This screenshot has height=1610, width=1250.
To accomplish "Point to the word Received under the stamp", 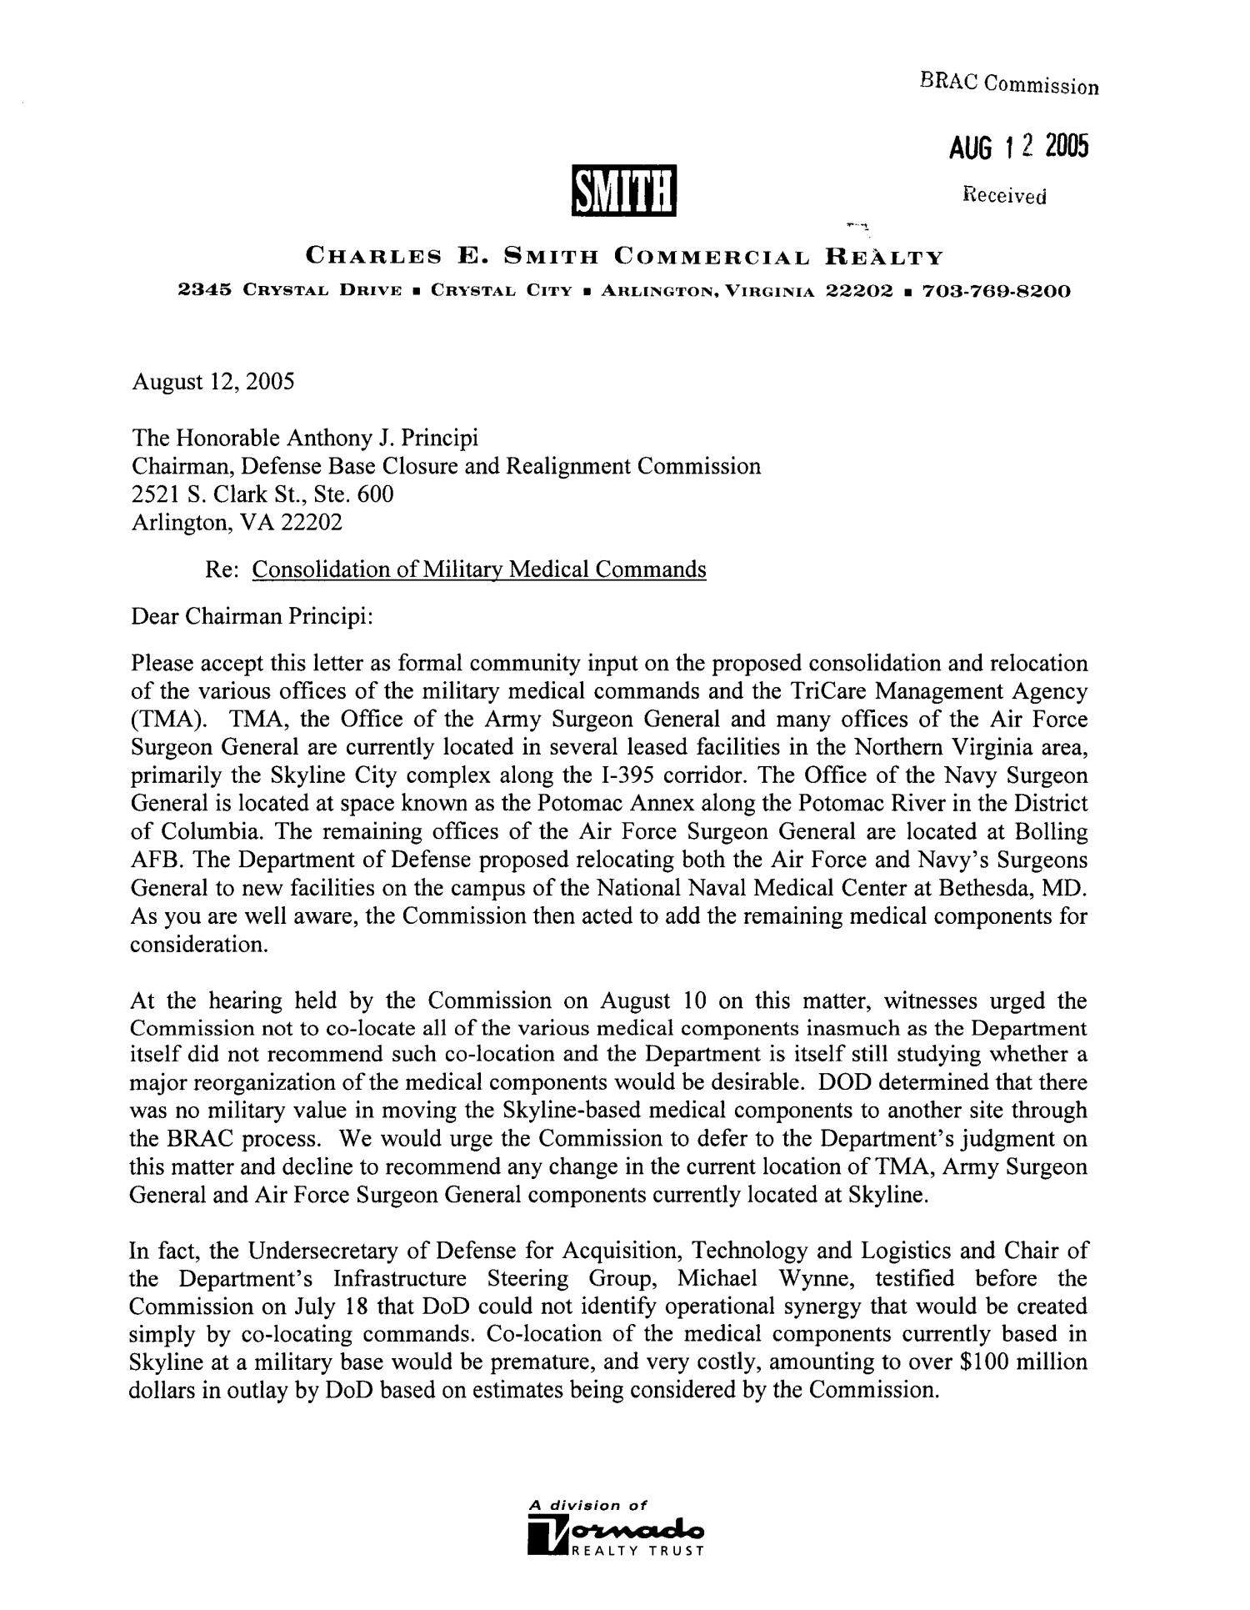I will click(x=1003, y=197).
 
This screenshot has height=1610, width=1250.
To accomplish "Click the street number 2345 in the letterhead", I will click(x=205, y=292).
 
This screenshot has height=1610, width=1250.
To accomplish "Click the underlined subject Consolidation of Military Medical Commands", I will click(x=479, y=569).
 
